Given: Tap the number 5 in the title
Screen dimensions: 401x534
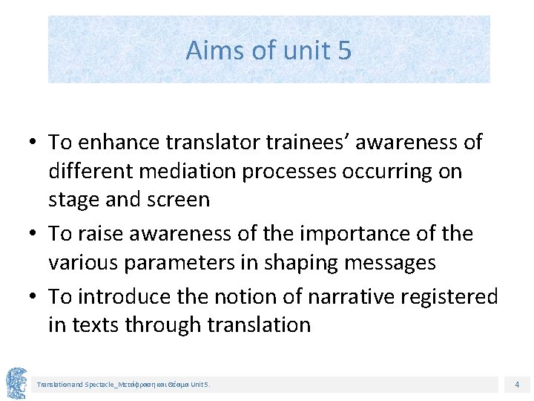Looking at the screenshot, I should click(x=344, y=50).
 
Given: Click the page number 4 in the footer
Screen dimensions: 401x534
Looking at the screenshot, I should click(x=517, y=385).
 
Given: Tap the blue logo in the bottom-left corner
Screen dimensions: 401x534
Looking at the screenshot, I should click(x=16, y=382).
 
